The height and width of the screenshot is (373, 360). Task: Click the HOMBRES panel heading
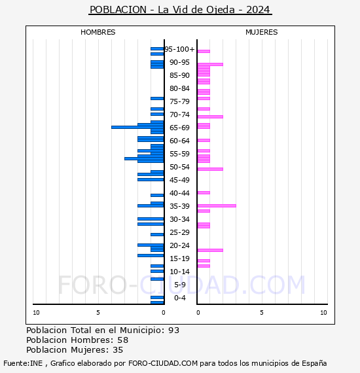(x=98, y=32)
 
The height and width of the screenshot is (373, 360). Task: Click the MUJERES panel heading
(x=262, y=32)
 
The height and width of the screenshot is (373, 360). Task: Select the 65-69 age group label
(x=179, y=128)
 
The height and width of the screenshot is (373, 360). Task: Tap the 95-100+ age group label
(x=179, y=49)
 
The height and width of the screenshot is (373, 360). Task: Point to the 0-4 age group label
(x=180, y=298)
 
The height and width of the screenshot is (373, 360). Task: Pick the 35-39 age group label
(x=179, y=206)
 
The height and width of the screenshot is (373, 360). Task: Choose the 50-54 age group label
(x=179, y=167)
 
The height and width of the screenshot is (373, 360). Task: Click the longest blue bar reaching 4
(x=137, y=127)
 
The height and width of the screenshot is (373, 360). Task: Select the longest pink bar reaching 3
(x=217, y=205)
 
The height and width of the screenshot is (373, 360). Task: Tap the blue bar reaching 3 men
(x=144, y=158)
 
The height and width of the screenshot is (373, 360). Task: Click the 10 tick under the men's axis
(x=36, y=313)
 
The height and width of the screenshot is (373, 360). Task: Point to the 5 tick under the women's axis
(x=262, y=313)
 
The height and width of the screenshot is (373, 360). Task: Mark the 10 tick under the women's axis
(x=323, y=313)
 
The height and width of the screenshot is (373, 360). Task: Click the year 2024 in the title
(x=258, y=10)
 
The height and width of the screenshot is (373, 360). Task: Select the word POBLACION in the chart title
(x=118, y=10)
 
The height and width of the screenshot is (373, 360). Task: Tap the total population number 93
(x=173, y=330)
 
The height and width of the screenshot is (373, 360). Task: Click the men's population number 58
(x=123, y=340)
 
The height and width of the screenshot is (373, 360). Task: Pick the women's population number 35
(x=118, y=350)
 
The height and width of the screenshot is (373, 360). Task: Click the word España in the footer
(x=314, y=363)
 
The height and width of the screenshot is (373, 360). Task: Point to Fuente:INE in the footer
(x=23, y=363)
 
